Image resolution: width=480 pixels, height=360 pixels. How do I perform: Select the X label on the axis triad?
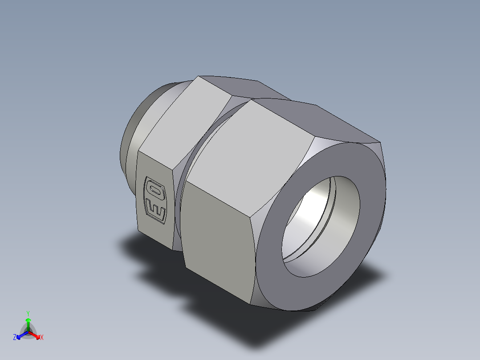point(42,338)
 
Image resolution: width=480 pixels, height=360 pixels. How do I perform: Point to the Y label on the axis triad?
point(28,313)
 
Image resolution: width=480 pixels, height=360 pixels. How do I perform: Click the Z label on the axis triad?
point(15,338)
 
